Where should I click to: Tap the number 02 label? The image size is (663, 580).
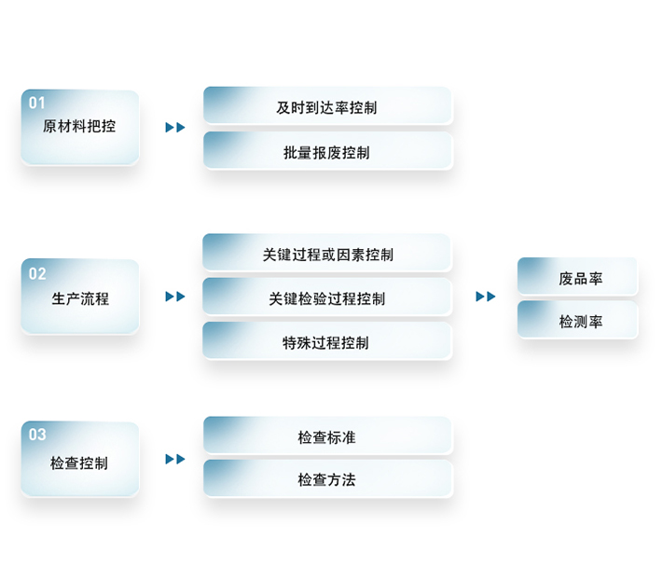(37, 274)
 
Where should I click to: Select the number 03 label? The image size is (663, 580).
(37, 435)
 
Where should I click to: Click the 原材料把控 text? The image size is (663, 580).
(79, 126)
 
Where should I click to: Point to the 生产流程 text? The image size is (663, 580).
(79, 298)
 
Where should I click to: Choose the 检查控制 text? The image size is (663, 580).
(79, 463)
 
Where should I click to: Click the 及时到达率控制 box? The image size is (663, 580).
(327, 107)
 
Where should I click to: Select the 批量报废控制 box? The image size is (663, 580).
(327, 152)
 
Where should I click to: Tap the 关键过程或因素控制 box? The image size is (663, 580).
(327, 255)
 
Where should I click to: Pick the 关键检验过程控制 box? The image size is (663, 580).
(327, 298)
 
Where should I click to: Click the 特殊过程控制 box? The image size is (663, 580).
(327, 342)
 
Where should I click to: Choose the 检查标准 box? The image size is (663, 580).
(327, 436)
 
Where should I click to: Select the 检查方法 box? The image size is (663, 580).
(327, 480)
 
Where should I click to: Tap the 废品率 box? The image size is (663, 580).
(578, 278)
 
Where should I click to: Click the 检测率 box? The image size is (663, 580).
(578, 321)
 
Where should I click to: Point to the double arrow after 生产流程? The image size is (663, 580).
(175, 297)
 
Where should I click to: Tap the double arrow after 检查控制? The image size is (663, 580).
(175, 459)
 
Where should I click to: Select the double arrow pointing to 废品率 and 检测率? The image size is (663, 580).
(486, 297)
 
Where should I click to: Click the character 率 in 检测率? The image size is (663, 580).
(595, 321)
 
